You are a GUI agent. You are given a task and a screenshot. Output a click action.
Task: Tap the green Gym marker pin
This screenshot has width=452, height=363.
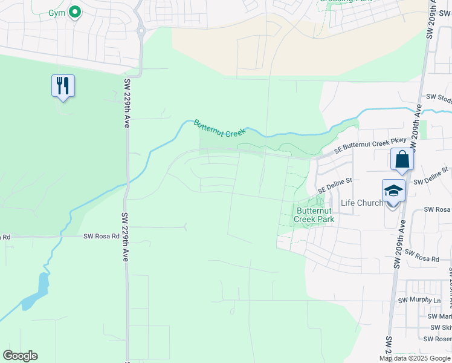click(x=74, y=11)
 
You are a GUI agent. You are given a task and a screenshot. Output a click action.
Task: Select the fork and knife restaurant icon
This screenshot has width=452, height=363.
click(x=63, y=86)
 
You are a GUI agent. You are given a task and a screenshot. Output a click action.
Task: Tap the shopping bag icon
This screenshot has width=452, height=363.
click(x=402, y=160)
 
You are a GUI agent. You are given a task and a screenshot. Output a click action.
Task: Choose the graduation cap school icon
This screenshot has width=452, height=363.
click(x=394, y=191)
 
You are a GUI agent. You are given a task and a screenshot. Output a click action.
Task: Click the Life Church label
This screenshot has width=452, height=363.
click(x=361, y=203)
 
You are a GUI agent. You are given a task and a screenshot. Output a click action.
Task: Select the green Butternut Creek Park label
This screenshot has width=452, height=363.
click(x=314, y=215)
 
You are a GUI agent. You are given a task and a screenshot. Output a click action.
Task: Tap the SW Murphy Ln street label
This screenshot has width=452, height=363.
click(x=419, y=300)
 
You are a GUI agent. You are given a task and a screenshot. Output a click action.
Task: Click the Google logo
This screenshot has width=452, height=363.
click(x=20, y=356)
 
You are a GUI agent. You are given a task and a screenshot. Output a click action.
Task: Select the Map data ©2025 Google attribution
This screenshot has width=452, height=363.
click(x=415, y=358)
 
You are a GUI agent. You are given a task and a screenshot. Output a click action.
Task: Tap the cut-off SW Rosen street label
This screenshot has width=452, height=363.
click(x=439, y=339)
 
